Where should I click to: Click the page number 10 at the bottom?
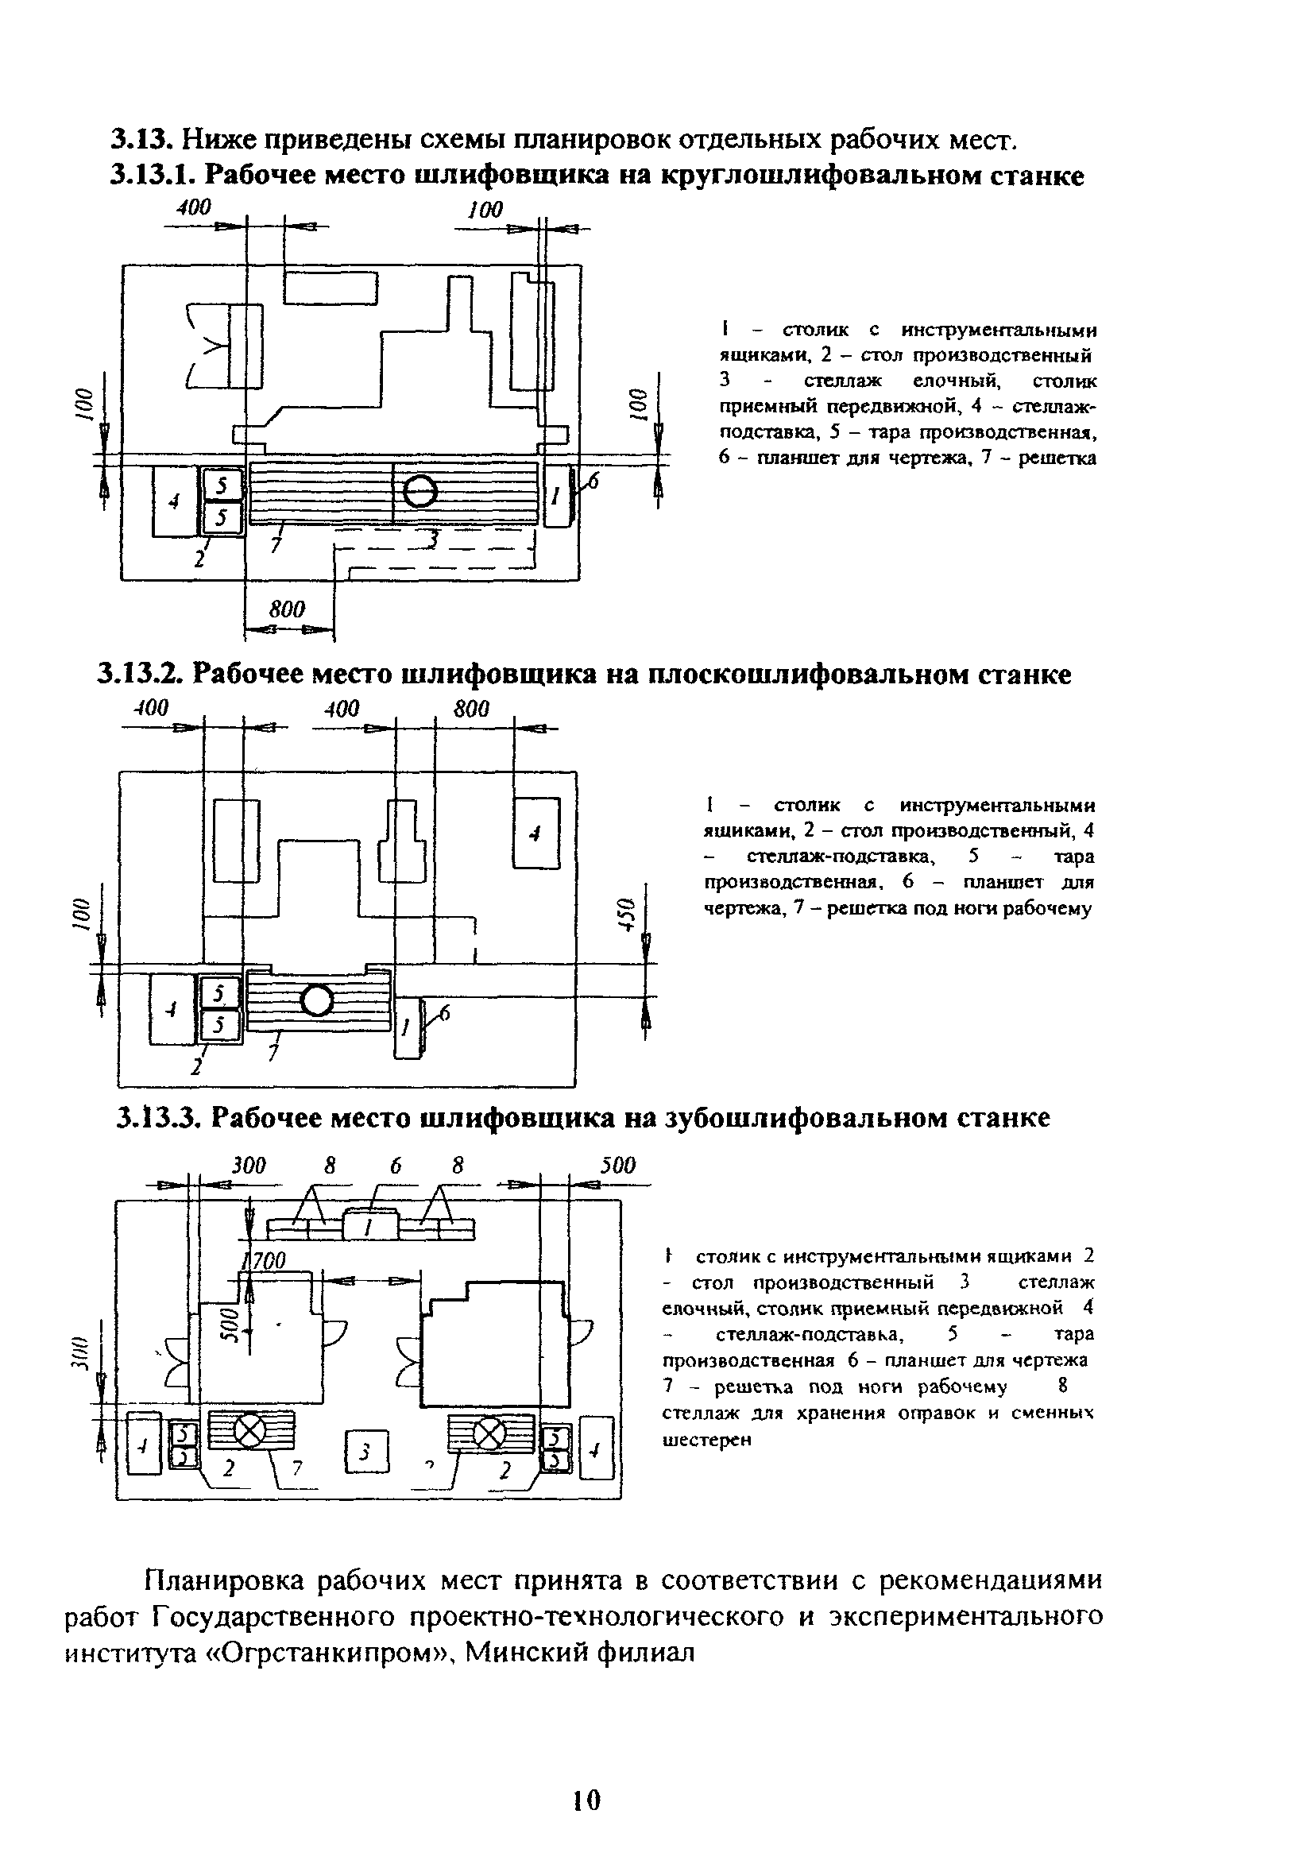[x=586, y=1800]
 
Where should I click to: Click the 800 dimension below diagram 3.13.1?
[x=287, y=609]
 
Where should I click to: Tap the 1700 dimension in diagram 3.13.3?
[x=265, y=1262]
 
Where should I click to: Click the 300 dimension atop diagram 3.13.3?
[x=248, y=1166]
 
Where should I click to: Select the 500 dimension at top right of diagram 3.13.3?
[x=618, y=1166]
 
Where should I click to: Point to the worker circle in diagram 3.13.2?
[x=317, y=1000]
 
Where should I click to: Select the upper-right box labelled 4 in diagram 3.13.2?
[x=535, y=834]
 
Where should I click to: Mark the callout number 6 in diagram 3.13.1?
[x=593, y=482]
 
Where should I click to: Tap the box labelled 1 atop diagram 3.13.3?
[x=370, y=1225]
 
